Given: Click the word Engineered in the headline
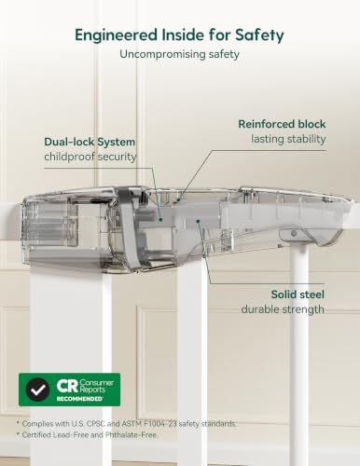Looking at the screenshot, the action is pyautogui.click(x=116, y=35).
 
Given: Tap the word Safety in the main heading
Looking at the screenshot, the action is pyautogui.click(x=259, y=35).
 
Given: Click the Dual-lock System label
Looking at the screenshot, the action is pyautogui.click(x=90, y=142).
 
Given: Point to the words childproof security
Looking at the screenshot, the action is pyautogui.click(x=90, y=157).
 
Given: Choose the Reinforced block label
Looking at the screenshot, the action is pyautogui.click(x=282, y=124).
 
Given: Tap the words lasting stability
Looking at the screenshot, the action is pyautogui.click(x=288, y=139).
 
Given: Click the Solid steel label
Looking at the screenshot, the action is pyautogui.click(x=298, y=295).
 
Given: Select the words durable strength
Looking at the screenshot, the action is pyautogui.click(x=283, y=309).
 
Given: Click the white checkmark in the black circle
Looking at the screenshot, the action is pyautogui.click(x=37, y=390).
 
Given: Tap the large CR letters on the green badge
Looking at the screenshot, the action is pyautogui.click(x=66, y=386).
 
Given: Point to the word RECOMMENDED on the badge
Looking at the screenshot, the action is pyautogui.click(x=79, y=399).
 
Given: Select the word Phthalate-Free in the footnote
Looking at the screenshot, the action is pyautogui.click(x=131, y=435).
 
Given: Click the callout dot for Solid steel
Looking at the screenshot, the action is pyautogui.click(x=198, y=221).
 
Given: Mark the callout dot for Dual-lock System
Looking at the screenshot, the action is pyautogui.click(x=160, y=219).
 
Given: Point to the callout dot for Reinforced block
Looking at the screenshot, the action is pyautogui.click(x=178, y=200).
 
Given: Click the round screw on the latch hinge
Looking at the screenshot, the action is pyautogui.click(x=293, y=233).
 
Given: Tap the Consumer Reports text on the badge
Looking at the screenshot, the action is pyautogui.click(x=96, y=386).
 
